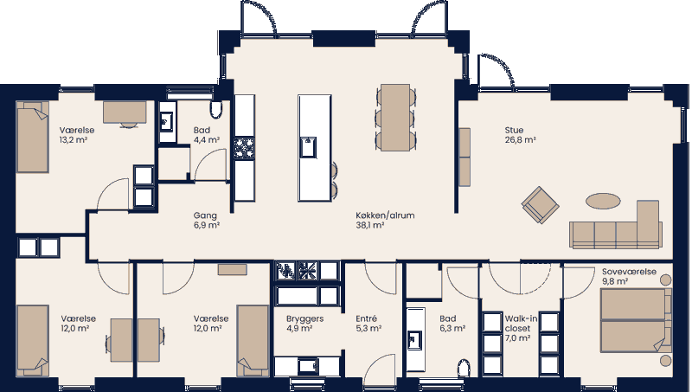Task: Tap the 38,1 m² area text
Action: [369, 225]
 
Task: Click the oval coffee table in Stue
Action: [603, 201]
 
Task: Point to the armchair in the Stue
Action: [541, 205]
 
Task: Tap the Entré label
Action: [366, 318]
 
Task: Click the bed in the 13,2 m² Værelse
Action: [33, 137]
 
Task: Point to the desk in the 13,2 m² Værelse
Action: [125, 111]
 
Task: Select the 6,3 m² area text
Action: [452, 329]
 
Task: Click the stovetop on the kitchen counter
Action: [245, 149]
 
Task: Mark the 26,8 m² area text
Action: [520, 140]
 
